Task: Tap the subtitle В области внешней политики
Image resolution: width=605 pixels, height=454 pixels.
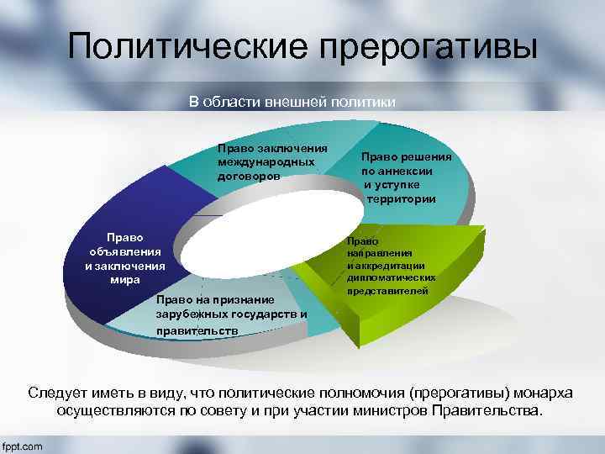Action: click(292, 103)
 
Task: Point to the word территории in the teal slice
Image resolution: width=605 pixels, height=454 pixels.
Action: click(402, 199)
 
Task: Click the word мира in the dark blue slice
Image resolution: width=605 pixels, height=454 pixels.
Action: click(125, 279)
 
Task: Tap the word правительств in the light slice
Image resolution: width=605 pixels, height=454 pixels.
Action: click(197, 330)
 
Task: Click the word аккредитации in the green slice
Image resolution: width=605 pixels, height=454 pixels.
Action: click(382, 265)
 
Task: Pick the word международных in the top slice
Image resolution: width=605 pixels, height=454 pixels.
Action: click(266, 162)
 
